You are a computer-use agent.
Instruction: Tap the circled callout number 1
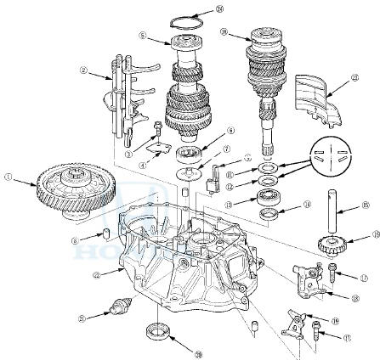pos(9,177)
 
